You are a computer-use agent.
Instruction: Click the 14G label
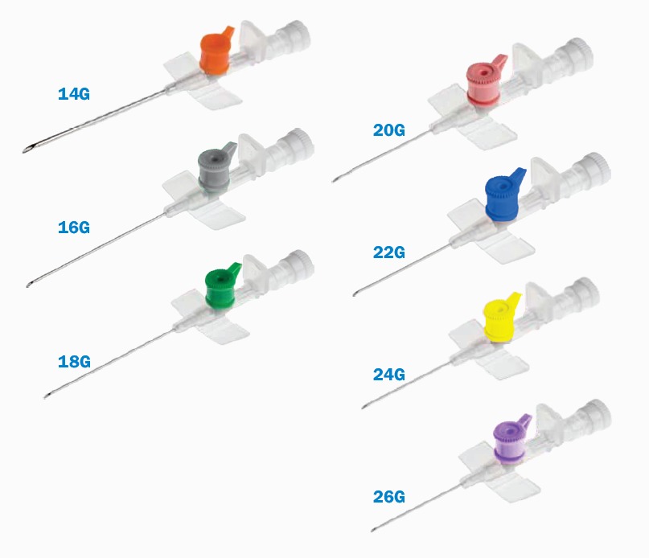coord(74,94)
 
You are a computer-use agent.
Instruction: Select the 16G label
coord(74,228)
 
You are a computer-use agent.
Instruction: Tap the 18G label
coord(74,361)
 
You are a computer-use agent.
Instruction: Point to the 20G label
coord(388,130)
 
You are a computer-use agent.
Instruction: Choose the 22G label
coord(388,252)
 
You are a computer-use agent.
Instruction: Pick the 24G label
coord(388,374)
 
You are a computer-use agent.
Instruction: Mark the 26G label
coord(388,496)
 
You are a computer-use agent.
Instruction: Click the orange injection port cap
coord(215,51)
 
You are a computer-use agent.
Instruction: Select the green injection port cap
coord(221,286)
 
